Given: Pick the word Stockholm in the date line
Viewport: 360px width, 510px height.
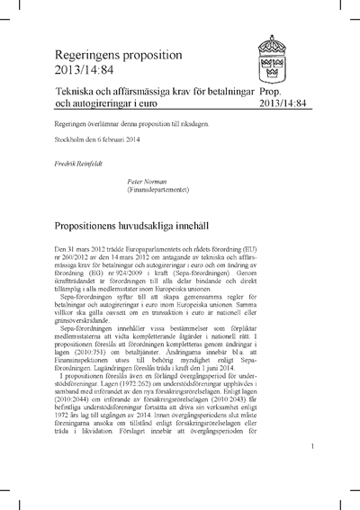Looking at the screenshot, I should point(72,144).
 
